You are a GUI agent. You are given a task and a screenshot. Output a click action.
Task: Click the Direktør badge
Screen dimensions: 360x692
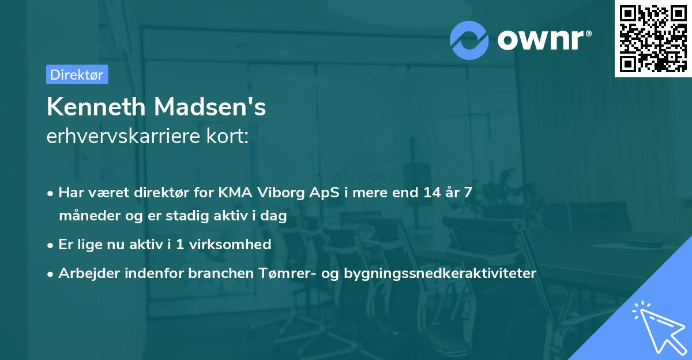click(x=77, y=74)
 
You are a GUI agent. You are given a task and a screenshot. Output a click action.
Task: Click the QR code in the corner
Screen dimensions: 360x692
click(x=653, y=38)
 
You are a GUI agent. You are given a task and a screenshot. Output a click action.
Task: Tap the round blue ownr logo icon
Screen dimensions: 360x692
click(x=469, y=40)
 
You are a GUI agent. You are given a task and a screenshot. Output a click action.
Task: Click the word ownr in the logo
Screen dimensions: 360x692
click(x=544, y=40)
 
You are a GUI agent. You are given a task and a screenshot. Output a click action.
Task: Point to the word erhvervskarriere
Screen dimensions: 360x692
click(x=123, y=136)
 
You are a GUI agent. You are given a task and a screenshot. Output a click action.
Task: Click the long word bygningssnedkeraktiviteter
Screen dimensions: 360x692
click(x=440, y=273)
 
